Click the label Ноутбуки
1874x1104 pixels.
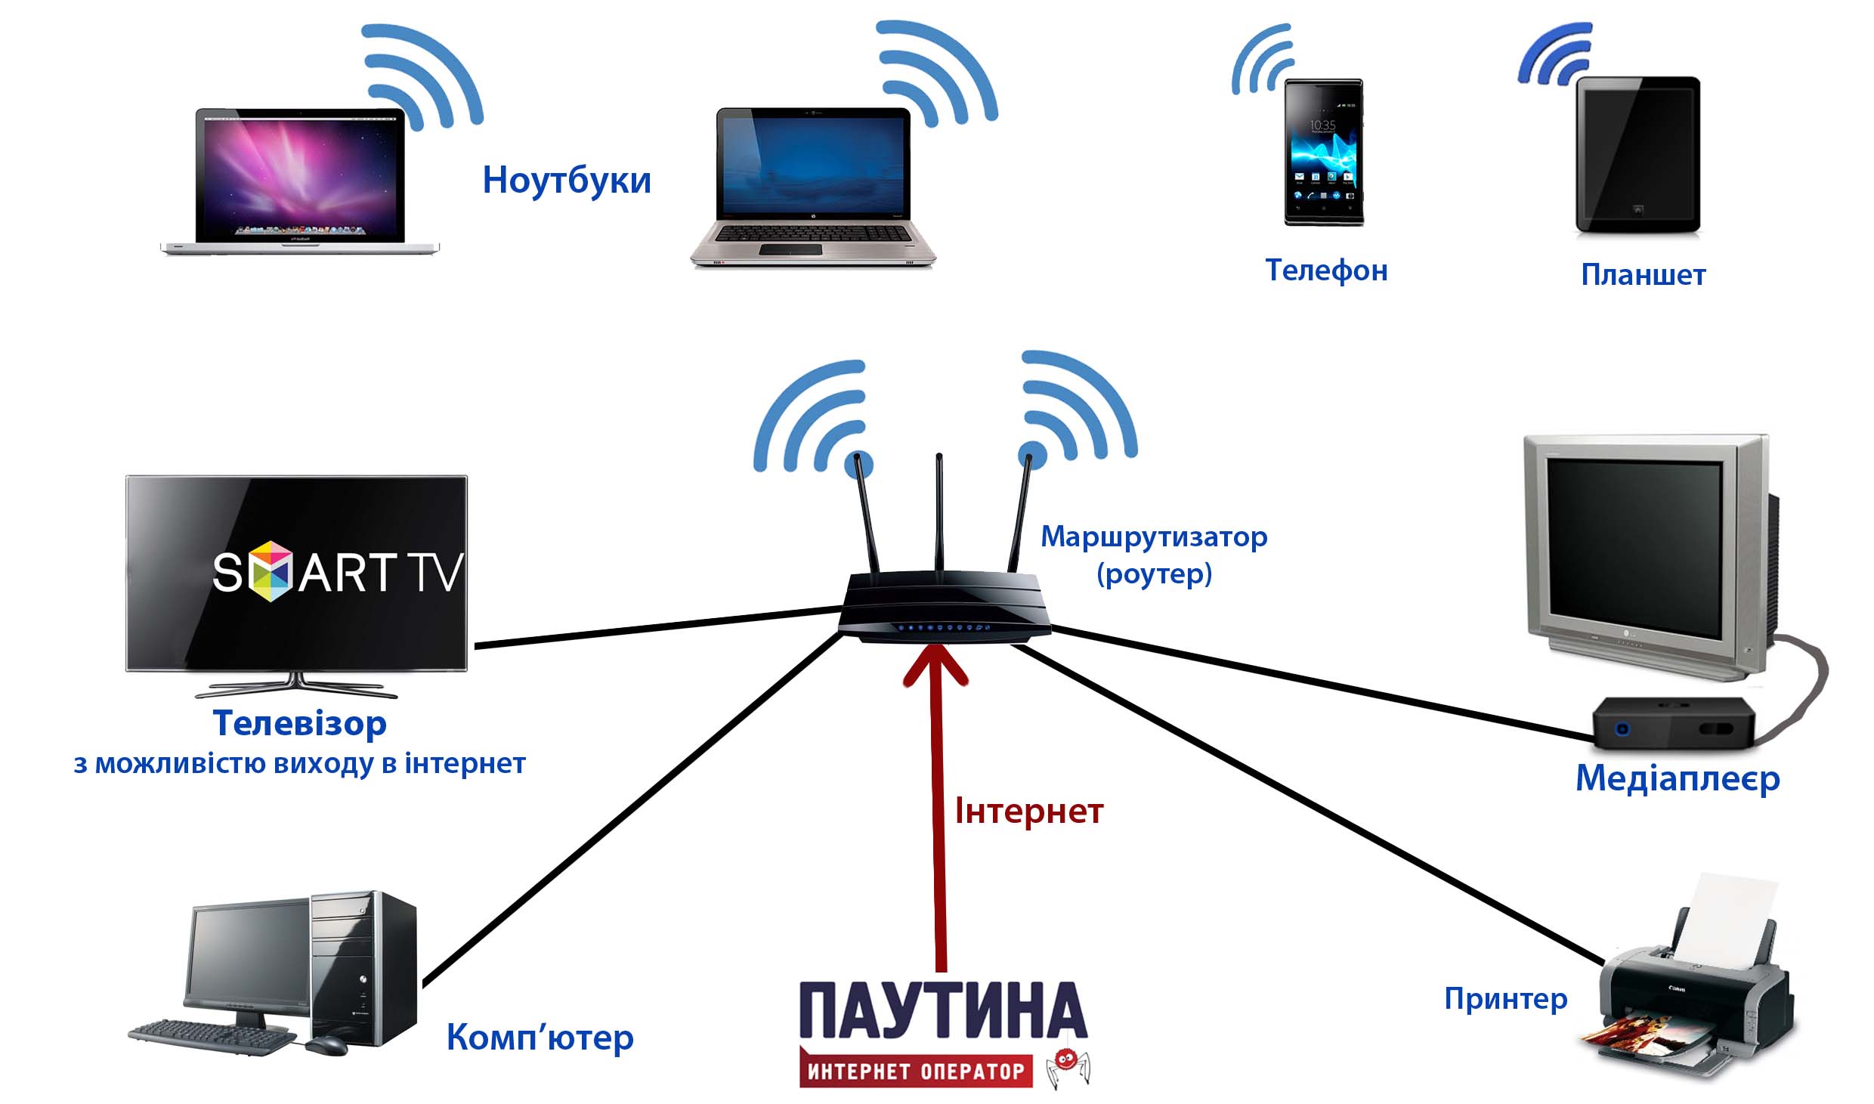[x=567, y=181]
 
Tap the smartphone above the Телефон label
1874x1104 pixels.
[x=1324, y=151]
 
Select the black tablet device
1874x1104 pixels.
[x=1637, y=154]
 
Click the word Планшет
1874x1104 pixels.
[x=1643, y=275]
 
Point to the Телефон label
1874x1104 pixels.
[x=1326, y=271]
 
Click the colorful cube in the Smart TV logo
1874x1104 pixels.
[x=271, y=571]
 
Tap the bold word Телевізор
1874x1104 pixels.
[x=300, y=723]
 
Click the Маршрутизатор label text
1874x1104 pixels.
[x=1154, y=537]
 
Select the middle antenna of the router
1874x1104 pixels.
[x=939, y=514]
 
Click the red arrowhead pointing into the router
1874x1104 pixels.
[x=935, y=665]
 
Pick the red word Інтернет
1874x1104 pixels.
[x=1029, y=812]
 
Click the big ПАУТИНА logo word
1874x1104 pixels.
[x=943, y=1010]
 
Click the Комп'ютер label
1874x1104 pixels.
[x=540, y=1038]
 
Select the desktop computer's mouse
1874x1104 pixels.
[x=326, y=1045]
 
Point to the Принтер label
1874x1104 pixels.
[x=1505, y=999]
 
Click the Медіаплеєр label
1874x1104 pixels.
[x=1678, y=778]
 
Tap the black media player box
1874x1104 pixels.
[x=1673, y=723]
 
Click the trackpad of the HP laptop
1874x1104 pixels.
[x=790, y=249]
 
